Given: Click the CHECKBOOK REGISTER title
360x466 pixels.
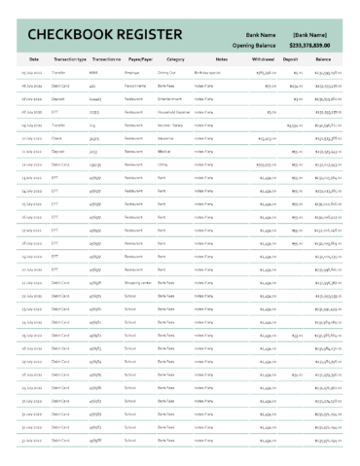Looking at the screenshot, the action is (x=83, y=36).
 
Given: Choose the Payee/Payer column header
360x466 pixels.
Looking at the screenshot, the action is (x=138, y=59).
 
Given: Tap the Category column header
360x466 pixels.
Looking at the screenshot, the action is (x=176, y=59).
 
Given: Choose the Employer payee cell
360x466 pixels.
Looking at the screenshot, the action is (x=133, y=72).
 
